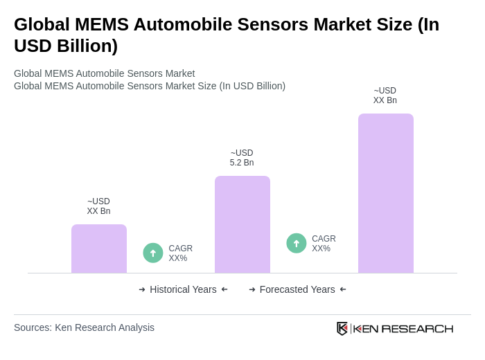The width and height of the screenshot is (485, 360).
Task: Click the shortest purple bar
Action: tap(99, 249)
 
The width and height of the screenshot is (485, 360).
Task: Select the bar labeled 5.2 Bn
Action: tap(242, 224)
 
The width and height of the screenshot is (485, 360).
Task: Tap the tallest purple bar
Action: tap(386, 193)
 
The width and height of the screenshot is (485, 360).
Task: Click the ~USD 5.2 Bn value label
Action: tap(242, 158)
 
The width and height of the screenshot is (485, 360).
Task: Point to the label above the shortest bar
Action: tap(98, 206)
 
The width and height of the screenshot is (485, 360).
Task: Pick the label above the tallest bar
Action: tap(385, 96)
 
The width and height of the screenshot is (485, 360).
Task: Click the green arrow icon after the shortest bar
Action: tap(153, 253)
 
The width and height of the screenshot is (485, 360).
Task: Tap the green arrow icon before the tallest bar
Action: tap(297, 243)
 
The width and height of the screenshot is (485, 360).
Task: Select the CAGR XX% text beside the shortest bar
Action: tap(180, 253)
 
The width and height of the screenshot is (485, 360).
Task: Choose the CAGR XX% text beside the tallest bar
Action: tap(324, 244)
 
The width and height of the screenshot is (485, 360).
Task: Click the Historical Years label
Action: tap(183, 289)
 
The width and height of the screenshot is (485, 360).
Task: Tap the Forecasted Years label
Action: tap(297, 289)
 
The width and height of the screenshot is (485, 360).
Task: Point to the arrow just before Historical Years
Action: tap(142, 289)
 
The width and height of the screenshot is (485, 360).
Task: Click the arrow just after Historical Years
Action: tap(224, 289)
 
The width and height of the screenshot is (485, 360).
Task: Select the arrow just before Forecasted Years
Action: tap(252, 289)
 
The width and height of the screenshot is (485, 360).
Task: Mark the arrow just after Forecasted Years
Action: tap(343, 289)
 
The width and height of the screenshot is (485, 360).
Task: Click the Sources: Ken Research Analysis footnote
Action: tap(84, 327)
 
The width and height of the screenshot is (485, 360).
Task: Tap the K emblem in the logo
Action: tap(342, 328)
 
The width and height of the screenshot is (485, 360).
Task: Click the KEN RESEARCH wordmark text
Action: tap(403, 329)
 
